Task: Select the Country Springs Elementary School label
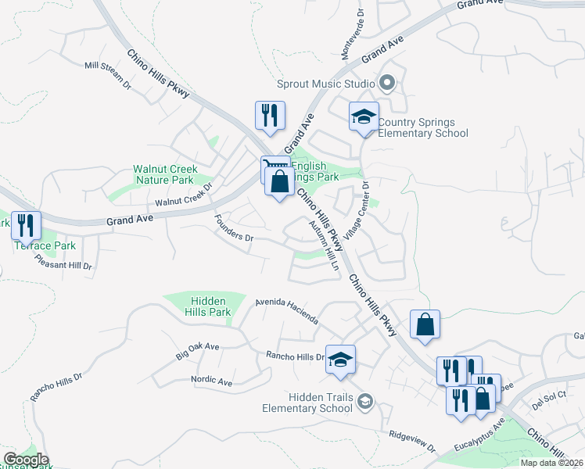click(x=423, y=127)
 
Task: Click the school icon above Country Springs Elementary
click(x=364, y=117)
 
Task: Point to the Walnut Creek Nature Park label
click(x=165, y=174)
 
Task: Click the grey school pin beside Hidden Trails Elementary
click(x=364, y=402)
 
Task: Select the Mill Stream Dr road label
click(x=107, y=75)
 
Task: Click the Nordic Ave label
click(x=212, y=381)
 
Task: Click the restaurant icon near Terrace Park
click(x=26, y=225)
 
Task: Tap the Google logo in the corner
click(x=25, y=459)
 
